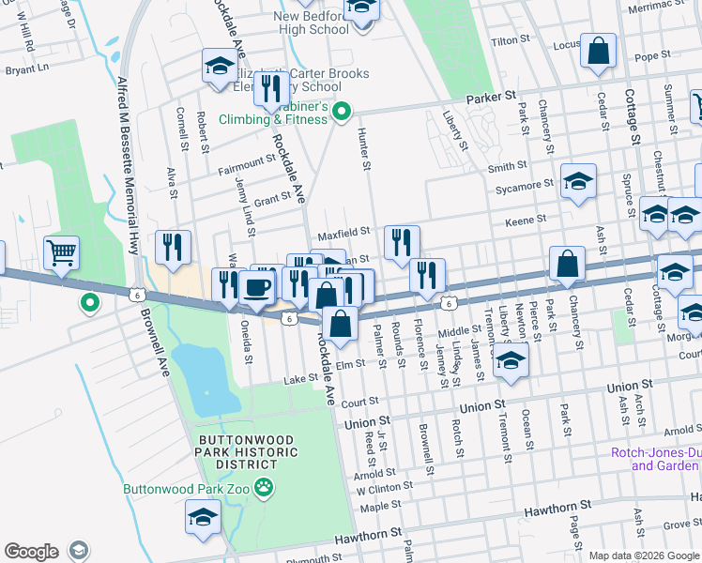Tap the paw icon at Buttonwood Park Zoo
[267, 488]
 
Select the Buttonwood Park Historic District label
[248, 453]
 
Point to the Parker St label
[493, 97]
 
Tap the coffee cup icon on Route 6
[256, 287]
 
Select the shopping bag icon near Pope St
[598, 51]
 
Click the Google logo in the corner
[31, 551]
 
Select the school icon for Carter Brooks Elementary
[219, 67]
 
